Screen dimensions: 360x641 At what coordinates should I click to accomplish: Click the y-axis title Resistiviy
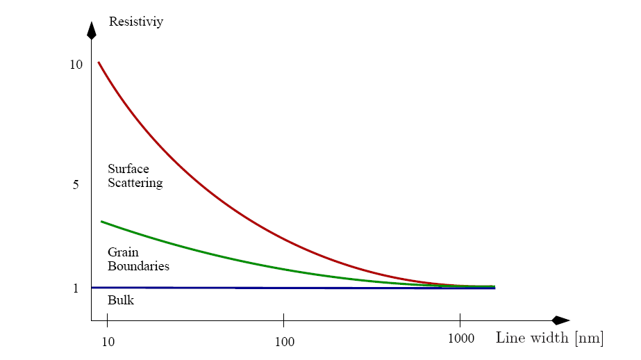tap(136, 22)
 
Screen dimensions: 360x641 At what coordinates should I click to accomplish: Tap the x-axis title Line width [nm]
tap(549, 338)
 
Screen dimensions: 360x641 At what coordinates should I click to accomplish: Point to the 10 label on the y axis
tap(76, 65)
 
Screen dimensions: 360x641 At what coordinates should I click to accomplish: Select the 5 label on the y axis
tap(76, 185)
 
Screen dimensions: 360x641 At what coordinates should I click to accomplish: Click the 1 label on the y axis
tap(76, 288)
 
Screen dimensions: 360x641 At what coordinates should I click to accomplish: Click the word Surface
tap(128, 169)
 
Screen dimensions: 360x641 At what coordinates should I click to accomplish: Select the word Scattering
tap(135, 183)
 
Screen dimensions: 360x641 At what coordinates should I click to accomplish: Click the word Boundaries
tap(138, 265)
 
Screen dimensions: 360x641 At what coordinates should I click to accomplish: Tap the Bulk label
tap(121, 300)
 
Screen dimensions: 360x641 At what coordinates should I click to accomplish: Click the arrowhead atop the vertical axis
tap(91, 30)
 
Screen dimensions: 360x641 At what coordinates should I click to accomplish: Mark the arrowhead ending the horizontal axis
tap(561, 320)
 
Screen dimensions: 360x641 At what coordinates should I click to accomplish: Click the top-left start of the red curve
tap(99, 63)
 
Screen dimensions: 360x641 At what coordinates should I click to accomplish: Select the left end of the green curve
tap(101, 222)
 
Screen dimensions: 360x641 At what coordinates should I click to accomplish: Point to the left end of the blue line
tap(92, 287)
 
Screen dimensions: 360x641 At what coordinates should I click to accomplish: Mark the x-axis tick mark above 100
tap(284, 318)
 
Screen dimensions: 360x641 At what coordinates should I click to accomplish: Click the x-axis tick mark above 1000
tap(460, 318)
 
